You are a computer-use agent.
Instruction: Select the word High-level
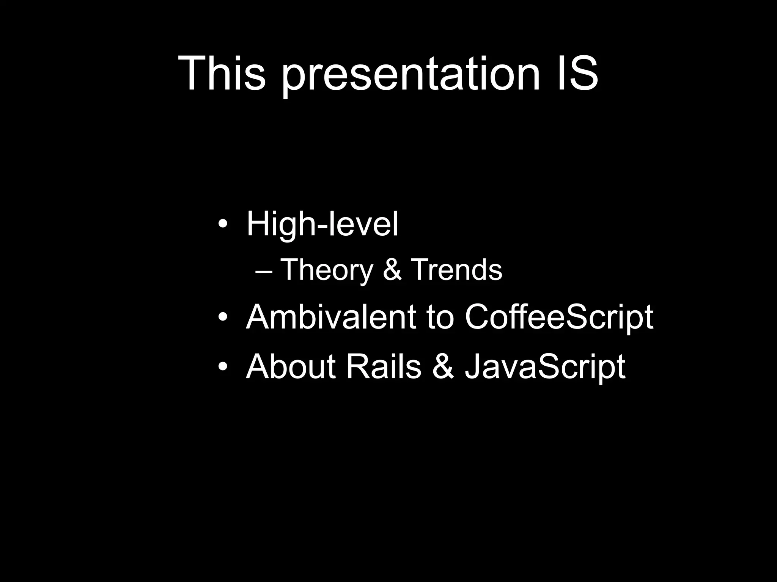click(322, 224)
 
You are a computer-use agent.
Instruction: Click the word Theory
click(327, 270)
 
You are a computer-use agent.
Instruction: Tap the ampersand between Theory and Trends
click(392, 269)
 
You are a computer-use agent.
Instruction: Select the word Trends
click(456, 269)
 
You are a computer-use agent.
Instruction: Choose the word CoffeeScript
click(559, 318)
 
